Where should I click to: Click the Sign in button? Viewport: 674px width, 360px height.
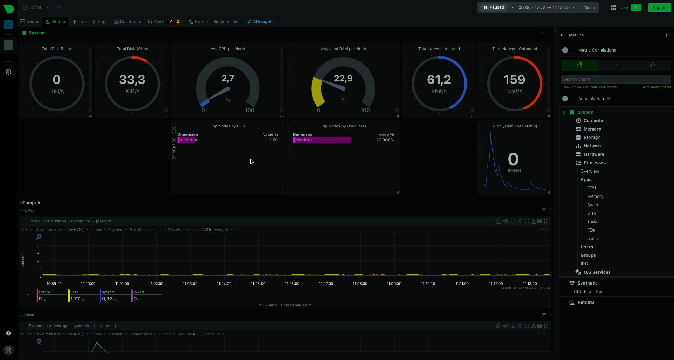(659, 7)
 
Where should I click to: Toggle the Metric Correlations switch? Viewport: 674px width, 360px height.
(567, 50)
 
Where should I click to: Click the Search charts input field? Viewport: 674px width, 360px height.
(616, 79)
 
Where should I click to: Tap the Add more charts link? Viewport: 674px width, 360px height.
(657, 87)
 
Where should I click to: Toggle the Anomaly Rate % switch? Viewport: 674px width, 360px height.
(567, 99)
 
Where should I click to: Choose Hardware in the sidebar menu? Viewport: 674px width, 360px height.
(594, 154)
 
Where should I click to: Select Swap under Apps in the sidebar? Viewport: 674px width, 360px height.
(593, 205)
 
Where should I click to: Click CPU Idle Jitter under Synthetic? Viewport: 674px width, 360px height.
(588, 292)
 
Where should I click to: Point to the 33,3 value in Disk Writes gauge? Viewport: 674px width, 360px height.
(132, 80)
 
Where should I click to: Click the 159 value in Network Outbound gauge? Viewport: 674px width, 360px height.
(514, 80)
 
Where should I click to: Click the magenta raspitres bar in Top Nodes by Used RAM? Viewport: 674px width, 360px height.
(322, 140)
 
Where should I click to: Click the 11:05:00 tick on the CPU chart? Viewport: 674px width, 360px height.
(258, 284)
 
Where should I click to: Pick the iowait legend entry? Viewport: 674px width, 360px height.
(139, 292)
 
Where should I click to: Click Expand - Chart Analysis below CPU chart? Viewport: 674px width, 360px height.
(285, 305)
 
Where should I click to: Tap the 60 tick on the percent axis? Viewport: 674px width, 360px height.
(39, 254)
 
